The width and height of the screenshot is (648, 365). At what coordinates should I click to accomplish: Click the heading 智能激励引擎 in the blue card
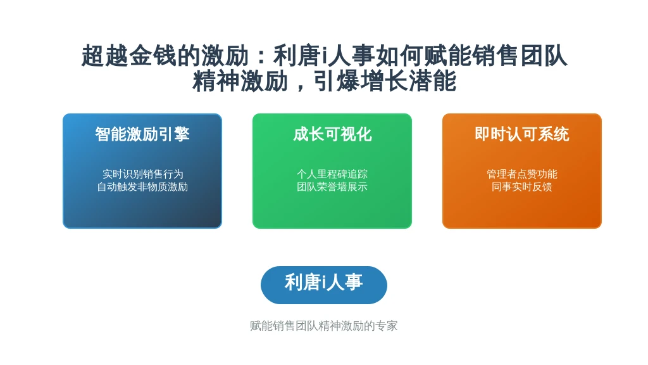pos(142,134)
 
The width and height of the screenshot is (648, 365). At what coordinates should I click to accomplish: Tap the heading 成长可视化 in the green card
pos(332,134)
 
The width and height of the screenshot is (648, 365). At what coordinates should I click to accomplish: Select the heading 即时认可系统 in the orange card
pos(522,134)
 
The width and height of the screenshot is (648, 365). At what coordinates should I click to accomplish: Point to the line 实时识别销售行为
pos(142,174)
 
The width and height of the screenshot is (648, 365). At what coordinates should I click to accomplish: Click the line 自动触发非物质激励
pos(142,187)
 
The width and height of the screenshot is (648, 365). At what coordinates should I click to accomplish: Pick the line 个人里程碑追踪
pos(332,174)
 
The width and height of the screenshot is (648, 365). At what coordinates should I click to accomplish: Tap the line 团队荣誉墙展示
pos(332,187)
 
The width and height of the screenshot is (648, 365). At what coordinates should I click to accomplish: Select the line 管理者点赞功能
pos(522,174)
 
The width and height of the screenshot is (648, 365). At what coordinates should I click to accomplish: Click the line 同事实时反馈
pos(522,187)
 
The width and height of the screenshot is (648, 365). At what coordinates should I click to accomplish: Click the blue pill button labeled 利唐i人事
pos(324,285)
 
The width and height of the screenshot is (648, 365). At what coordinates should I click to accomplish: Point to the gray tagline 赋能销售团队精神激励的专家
pos(324,326)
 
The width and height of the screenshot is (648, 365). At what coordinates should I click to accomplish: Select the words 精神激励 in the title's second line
pos(240,81)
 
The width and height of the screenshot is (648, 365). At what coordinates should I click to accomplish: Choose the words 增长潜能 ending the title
pos(408,81)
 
